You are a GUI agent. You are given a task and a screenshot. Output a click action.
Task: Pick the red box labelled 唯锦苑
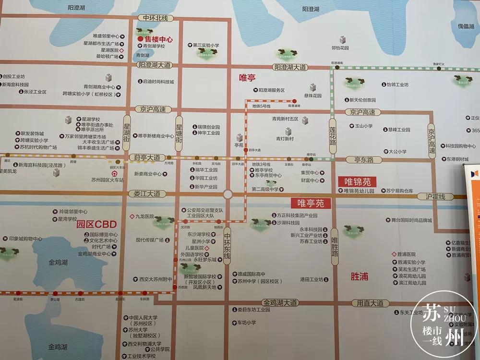[358, 181]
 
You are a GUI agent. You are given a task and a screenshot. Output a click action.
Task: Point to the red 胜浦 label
[360, 277]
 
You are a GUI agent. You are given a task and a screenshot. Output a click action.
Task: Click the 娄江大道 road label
[147, 194]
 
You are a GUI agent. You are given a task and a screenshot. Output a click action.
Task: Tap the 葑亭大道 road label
[147, 157]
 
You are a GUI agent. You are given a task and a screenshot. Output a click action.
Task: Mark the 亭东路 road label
[364, 160]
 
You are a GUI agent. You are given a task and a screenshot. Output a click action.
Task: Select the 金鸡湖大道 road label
[280, 303]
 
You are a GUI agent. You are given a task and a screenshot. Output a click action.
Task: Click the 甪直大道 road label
[370, 303]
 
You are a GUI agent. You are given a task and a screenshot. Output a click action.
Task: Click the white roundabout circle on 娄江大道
[228, 194]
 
